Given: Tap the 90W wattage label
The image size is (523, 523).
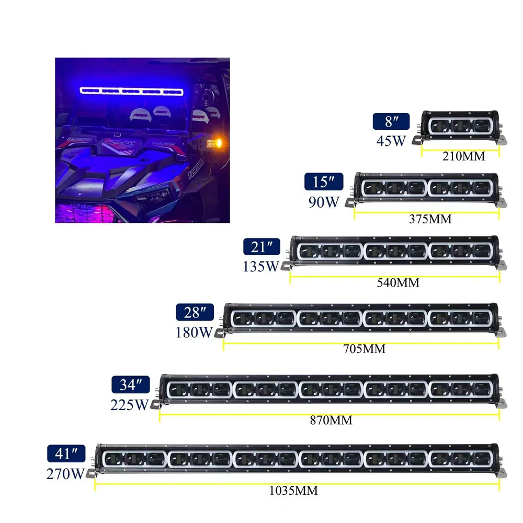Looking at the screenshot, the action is [324, 202].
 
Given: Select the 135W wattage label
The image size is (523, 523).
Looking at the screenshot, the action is [261, 266].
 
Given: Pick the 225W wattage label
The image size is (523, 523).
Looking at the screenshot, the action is [130, 404].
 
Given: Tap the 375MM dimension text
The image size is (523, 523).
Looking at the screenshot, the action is [430, 219].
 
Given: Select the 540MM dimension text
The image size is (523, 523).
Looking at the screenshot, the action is [398, 283].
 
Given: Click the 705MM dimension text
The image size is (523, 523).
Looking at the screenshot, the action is [364, 349].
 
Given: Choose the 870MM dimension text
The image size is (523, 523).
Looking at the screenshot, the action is [331, 420].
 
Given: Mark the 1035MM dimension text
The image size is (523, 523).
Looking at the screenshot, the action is [294, 491].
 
